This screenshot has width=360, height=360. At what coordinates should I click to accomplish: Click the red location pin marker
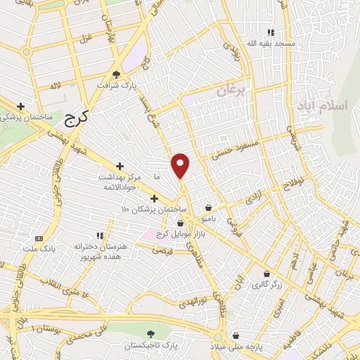pos(181,165)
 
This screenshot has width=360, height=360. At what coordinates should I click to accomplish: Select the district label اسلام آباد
pos(333,106)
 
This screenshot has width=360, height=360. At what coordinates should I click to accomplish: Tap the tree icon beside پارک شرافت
pos(117,74)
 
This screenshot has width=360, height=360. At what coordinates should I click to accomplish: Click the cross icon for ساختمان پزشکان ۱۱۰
pos(154,198)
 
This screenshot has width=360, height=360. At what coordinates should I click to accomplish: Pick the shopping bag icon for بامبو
pos(210,207)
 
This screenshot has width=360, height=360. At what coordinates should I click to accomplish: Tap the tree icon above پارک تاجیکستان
pos(149,334)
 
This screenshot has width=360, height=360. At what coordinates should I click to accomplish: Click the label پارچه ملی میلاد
pos(236,347)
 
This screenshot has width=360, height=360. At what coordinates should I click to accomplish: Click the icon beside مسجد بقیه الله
pos(271,32)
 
